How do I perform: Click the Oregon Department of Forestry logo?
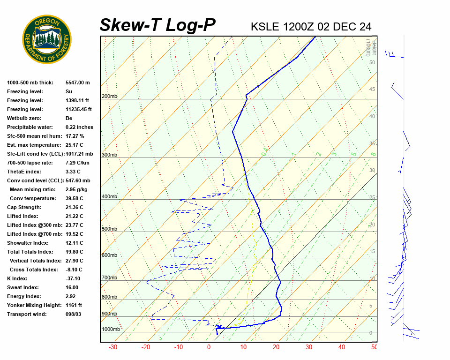[x=47, y=39]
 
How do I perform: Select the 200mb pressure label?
[x=109, y=97]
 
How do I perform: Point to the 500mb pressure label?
[x=109, y=229]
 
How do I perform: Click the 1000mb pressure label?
[x=111, y=330]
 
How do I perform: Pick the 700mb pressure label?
[x=109, y=278]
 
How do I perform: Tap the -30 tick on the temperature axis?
[x=113, y=347]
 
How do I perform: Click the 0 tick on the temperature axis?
[x=209, y=347]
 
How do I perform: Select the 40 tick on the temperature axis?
[x=341, y=347]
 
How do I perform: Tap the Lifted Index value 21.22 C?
[x=74, y=216]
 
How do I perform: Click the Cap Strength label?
[x=24, y=207]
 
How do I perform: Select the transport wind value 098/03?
[x=73, y=314]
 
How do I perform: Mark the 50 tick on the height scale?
[x=372, y=62]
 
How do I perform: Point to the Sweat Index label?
[x=23, y=287]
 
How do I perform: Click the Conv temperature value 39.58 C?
[x=74, y=198]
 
